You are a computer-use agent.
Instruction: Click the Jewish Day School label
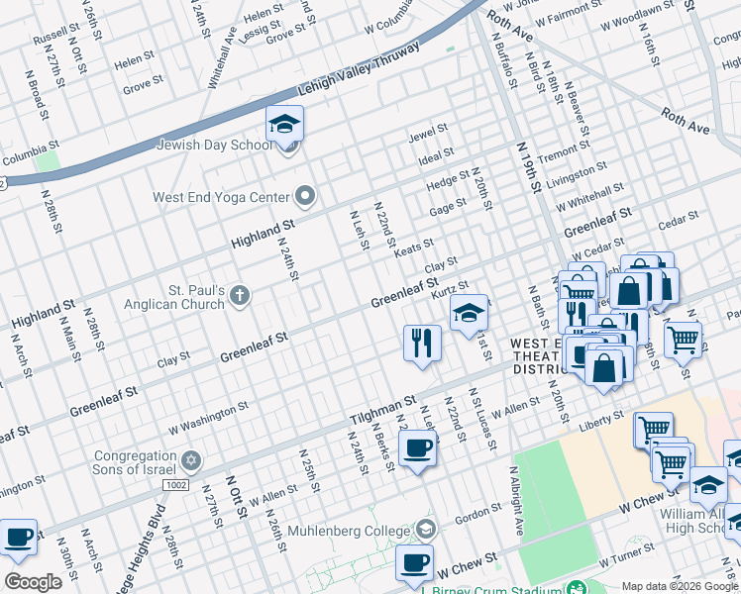213,146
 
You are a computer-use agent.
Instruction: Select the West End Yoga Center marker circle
305,197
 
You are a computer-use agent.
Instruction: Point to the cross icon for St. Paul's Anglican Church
240,294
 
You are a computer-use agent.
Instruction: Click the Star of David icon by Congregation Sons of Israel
190,461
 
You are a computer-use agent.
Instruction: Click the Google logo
33,582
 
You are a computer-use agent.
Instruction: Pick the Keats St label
414,247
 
